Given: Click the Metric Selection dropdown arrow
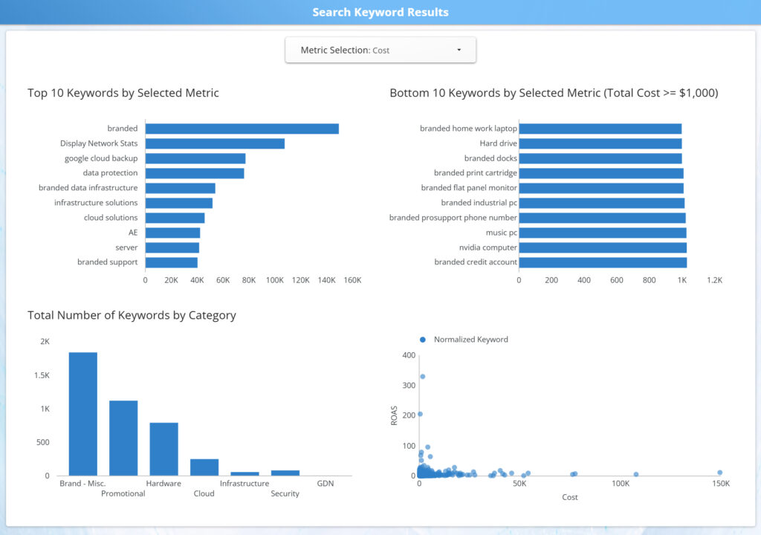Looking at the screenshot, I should [459, 50].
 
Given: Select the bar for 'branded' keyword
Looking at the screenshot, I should [242, 129].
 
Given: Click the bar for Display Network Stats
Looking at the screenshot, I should [215, 143].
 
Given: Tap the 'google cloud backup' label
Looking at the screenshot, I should [101, 158].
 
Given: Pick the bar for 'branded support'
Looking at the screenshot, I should [171, 262].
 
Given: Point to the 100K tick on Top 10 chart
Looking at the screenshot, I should [275, 280].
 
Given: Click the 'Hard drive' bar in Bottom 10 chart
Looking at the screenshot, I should [600, 143].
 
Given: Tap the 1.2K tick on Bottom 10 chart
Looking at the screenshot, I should [714, 280].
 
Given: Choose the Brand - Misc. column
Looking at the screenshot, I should [83, 414].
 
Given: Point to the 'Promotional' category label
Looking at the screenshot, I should [123, 493].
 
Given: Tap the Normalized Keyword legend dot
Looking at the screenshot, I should [423, 340].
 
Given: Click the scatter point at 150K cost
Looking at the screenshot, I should [719, 473].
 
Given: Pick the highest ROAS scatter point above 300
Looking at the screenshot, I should [423, 376].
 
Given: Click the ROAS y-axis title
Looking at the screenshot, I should [395, 415].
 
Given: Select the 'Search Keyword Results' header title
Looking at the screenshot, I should [380, 12].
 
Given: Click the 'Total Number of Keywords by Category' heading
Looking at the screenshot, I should [132, 315].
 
